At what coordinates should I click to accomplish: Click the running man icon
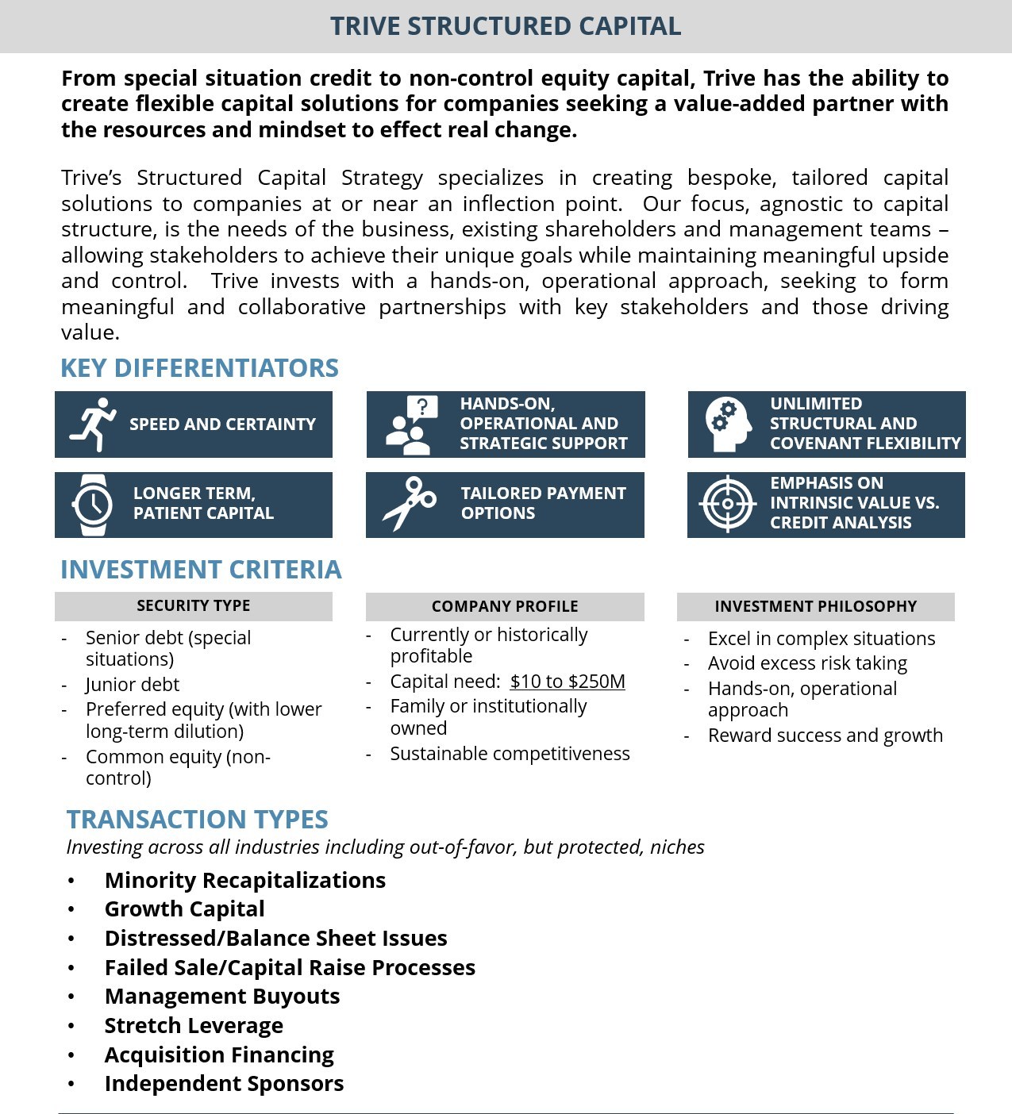pos(93,424)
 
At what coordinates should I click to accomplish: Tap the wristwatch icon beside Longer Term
pos(92,505)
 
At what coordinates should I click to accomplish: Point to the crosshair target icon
pos(727,504)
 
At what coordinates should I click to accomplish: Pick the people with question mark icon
pos(411,424)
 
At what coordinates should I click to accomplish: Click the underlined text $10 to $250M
pos(568,682)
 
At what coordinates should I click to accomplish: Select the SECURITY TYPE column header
pos(193,605)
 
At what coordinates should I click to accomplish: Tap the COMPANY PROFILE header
pos(505,606)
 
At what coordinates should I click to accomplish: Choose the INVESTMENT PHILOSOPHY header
pos(815,606)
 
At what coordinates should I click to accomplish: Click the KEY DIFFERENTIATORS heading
pos(199,368)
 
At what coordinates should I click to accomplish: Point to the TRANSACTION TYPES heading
pos(197,819)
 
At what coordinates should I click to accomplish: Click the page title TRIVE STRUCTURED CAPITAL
pos(506,26)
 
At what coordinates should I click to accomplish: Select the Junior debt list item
pos(133,684)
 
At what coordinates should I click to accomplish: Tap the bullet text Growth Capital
pos(184,908)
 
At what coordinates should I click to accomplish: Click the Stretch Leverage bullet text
pos(194,1025)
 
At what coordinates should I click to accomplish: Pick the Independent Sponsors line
pos(224,1083)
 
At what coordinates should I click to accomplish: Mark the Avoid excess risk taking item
pos(807,663)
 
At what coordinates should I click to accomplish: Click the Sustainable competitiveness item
pos(510,754)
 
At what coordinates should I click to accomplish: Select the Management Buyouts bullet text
pos(222,996)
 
